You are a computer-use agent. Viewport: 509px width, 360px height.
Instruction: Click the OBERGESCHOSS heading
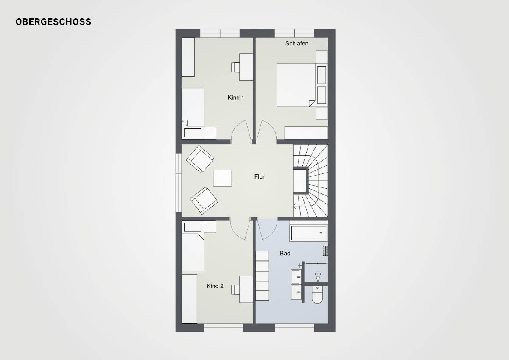[53, 22]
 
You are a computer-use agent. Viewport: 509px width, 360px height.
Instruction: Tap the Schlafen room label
[297, 43]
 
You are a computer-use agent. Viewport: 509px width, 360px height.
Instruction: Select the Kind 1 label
[236, 98]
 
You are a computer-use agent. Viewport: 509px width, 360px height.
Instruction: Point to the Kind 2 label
[215, 286]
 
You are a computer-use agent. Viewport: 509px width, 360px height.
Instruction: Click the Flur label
[260, 176]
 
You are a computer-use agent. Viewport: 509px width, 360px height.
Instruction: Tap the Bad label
[285, 253]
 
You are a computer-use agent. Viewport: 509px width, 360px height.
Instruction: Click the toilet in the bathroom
[317, 295]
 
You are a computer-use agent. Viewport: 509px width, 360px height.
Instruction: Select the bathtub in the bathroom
[309, 233]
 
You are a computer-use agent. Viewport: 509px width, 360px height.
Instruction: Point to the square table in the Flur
[222, 178]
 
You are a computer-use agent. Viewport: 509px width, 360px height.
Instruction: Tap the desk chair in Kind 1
[236, 67]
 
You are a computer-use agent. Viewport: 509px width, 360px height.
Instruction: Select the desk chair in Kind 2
[236, 290]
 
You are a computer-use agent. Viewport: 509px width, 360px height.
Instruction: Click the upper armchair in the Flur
[200, 159]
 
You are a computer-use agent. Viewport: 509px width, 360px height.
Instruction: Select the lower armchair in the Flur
[204, 201]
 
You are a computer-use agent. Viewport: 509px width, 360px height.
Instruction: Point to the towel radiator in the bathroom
[325, 251]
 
